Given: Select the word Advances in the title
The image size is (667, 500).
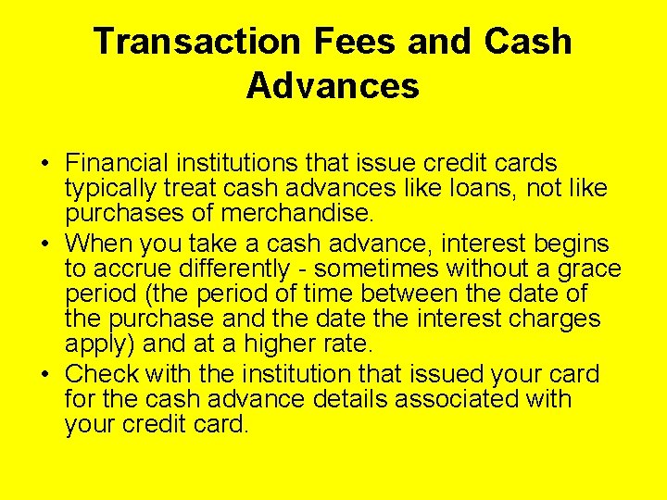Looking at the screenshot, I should pyautogui.click(x=333, y=86).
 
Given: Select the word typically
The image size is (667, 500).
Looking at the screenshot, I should pyautogui.click(x=108, y=189).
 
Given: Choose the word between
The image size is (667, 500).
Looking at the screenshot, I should pyautogui.click(x=409, y=294).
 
